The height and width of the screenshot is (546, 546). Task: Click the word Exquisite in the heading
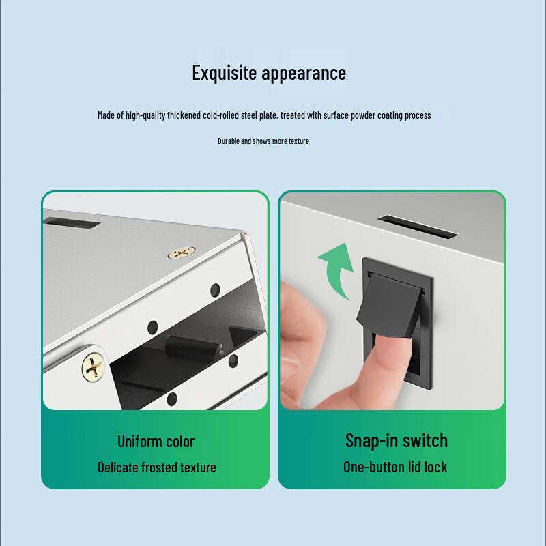click(225, 73)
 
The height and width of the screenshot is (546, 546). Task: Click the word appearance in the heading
click(304, 74)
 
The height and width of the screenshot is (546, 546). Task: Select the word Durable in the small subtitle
click(229, 141)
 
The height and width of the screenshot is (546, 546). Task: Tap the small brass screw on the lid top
click(181, 253)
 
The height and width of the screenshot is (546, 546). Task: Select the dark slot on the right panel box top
click(417, 227)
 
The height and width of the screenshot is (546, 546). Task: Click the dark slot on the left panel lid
click(72, 224)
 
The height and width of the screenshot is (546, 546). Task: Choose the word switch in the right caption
click(425, 440)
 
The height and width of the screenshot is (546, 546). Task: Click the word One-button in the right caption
click(373, 468)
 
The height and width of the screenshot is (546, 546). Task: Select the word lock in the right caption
click(435, 468)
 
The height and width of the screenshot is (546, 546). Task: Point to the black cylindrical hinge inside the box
click(194, 347)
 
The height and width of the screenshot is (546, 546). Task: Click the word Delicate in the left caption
click(117, 468)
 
